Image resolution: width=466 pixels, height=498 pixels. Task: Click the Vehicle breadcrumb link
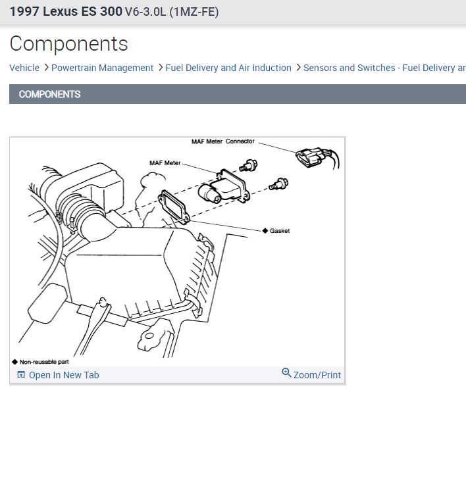[x=24, y=68]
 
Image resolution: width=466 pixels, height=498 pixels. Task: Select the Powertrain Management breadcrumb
[x=102, y=68]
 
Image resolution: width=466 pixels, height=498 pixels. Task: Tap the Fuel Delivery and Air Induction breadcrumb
[x=228, y=68]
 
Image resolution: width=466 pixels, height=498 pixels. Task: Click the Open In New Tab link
[x=64, y=375]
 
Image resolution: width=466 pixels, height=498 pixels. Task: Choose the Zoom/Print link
[x=317, y=375]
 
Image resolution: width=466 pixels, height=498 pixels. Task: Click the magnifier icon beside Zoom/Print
[x=286, y=373]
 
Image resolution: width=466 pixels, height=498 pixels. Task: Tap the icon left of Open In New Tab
[x=21, y=375]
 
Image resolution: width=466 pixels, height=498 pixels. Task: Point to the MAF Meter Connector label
[x=222, y=141]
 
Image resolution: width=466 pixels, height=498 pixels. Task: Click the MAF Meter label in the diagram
[x=165, y=163]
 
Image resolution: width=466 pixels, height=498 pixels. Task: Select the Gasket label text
[x=280, y=231]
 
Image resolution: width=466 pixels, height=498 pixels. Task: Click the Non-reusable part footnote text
[x=44, y=362]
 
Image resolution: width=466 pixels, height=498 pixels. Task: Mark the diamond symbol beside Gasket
[x=265, y=231]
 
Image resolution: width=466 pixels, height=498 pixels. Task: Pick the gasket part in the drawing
[x=174, y=205]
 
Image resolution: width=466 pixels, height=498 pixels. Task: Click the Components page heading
[x=68, y=44]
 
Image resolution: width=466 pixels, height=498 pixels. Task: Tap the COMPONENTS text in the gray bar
[x=49, y=94]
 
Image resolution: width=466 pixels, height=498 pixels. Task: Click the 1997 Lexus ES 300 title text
[x=65, y=12]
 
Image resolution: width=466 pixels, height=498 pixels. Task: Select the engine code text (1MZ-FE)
[x=194, y=12]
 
